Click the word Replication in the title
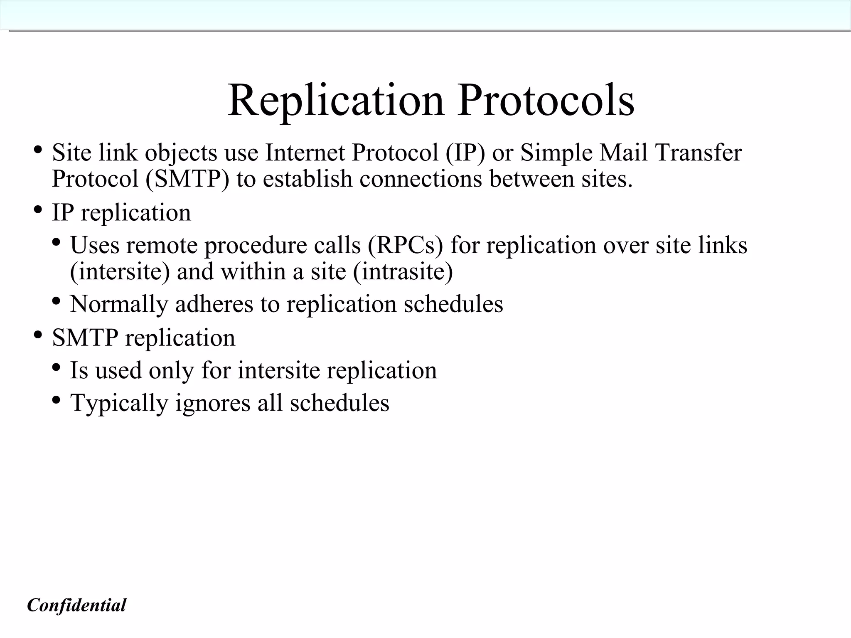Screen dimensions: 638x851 coord(336,101)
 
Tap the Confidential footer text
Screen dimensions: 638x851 coord(76,605)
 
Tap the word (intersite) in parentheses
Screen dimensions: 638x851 coord(120,272)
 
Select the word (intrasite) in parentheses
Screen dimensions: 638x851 coord(403,272)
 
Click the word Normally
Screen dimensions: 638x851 coord(119,304)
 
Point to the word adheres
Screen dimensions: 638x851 coord(214,304)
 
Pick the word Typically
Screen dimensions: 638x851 coord(119,403)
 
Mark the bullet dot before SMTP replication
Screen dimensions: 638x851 coord(38,335)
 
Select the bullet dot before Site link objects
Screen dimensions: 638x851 coord(38,150)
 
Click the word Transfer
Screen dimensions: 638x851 coord(699,153)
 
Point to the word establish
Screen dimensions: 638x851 coord(308,179)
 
